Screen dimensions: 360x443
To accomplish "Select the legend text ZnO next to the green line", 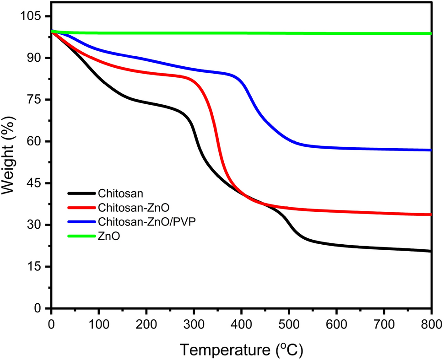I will pyautogui.click(x=108, y=236).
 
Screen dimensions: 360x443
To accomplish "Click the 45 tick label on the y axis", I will pyautogui.click(x=34, y=183).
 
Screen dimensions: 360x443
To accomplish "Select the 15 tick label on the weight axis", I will pyautogui.click(x=34, y=267).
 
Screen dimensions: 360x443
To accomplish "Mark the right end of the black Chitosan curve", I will pyautogui.click(x=431, y=251).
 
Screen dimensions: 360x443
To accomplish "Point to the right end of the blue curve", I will pyautogui.click(x=431, y=150).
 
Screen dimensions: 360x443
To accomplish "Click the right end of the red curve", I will pyautogui.click(x=431, y=215).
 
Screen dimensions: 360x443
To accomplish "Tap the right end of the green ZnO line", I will pyautogui.click(x=431, y=33).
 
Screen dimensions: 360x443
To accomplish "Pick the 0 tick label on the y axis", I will pyautogui.click(x=40, y=308).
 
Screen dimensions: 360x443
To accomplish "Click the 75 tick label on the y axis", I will pyautogui.click(x=34, y=100).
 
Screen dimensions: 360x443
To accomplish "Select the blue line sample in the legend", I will pyautogui.click(x=81, y=222).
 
